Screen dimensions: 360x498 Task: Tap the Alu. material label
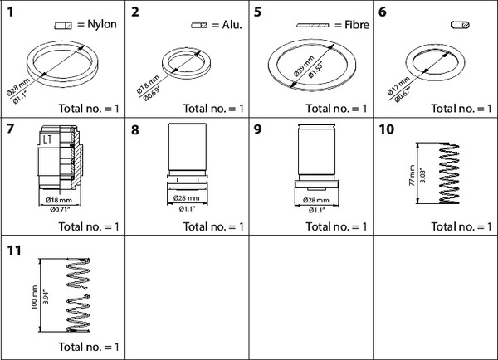pyautogui.click(x=230, y=25)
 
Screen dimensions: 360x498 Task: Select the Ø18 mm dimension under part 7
pyautogui.click(x=53, y=200)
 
